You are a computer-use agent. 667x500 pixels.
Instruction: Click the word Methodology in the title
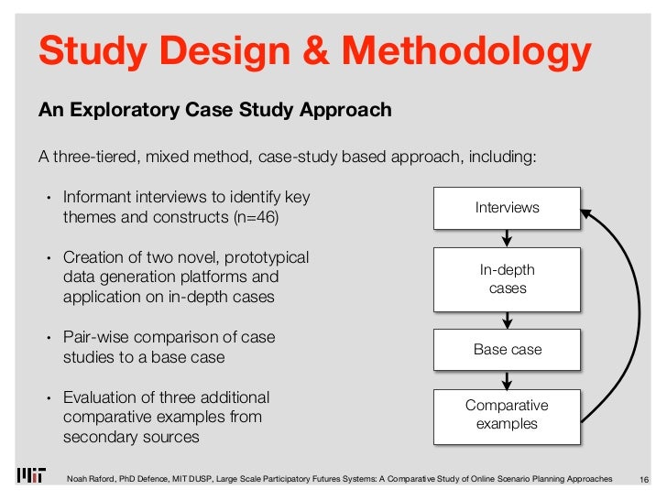pyautogui.click(x=468, y=52)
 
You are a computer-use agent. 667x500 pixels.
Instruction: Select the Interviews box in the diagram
pyautogui.click(x=507, y=208)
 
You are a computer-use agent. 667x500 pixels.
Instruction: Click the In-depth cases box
pyautogui.click(x=507, y=279)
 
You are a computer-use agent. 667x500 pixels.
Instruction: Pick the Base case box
pyautogui.click(x=507, y=350)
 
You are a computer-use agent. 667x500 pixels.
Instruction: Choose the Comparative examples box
pyautogui.click(x=507, y=415)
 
